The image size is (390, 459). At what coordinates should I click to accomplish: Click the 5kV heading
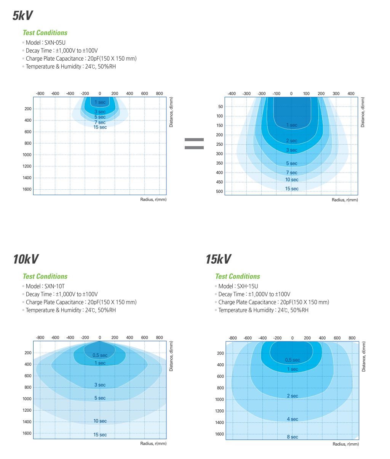point(23,16)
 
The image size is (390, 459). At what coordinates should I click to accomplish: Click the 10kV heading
point(26,259)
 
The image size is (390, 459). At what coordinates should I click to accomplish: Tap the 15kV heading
point(218,259)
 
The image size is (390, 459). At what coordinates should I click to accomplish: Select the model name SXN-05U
point(55,43)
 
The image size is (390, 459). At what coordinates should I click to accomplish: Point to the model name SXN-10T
point(55,286)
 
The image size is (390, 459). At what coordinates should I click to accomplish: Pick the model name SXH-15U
point(248,286)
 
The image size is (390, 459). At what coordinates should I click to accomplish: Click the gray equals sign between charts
point(194,143)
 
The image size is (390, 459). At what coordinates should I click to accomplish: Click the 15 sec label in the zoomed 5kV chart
point(292,189)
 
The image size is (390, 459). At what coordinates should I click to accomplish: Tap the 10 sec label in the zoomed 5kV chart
point(292,180)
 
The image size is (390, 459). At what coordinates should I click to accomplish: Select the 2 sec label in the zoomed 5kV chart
point(292,141)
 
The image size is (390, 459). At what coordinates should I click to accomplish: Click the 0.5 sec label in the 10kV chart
point(100,355)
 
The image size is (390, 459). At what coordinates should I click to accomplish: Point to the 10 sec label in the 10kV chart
point(100,421)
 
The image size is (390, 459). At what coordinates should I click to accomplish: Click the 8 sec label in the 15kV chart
point(292,437)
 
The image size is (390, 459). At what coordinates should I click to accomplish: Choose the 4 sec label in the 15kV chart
point(292,419)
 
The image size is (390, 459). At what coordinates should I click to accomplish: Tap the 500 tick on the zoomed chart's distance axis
point(219,192)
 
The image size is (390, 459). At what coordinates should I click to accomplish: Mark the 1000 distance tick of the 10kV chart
point(27,399)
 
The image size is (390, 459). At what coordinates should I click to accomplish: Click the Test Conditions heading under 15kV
point(237,276)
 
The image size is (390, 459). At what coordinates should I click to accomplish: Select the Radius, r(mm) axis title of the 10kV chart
point(153,443)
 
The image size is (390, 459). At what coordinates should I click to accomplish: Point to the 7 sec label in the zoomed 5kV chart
point(292,173)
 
